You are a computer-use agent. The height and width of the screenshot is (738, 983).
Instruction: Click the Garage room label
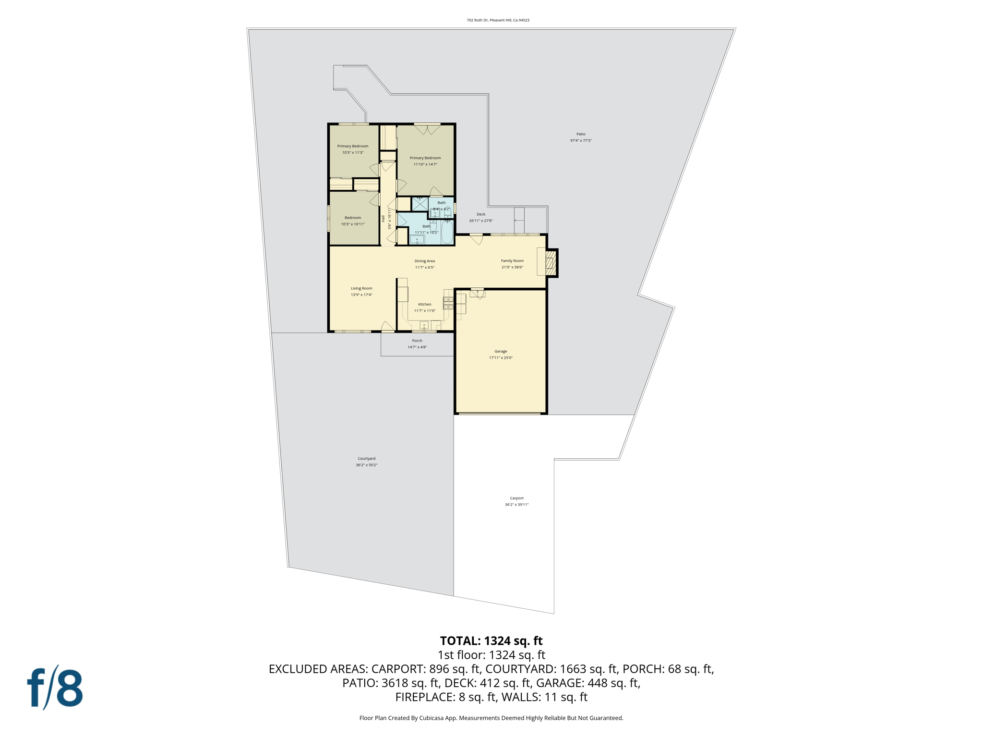coord(501,351)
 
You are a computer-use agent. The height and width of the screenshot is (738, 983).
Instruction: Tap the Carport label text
coord(516,498)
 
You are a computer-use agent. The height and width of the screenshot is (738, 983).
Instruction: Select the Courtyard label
coord(366,458)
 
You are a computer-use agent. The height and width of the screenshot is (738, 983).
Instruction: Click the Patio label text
coord(581,134)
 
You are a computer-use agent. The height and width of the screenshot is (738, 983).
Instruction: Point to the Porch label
coord(417,341)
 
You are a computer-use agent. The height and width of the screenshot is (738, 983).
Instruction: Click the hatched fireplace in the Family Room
coord(551,263)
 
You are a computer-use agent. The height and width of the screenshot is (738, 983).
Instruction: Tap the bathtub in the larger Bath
coord(447,233)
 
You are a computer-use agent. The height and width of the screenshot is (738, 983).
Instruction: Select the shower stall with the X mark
coord(420,204)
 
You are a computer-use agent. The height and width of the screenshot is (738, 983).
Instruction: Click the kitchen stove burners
coord(448,303)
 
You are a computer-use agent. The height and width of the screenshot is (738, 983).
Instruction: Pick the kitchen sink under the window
coord(424,326)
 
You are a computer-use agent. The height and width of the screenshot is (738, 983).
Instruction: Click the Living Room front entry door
coord(388,327)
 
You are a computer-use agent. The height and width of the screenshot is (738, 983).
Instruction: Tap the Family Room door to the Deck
coord(477,239)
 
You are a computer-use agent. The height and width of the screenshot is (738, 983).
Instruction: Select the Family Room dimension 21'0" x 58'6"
coord(512,267)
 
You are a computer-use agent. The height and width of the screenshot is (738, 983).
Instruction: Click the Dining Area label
coord(424,261)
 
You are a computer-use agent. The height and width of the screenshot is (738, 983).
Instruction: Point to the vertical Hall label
coord(383,219)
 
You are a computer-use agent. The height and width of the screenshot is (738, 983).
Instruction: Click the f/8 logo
coord(55,687)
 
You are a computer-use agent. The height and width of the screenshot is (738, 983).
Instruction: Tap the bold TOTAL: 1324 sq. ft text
coord(491,641)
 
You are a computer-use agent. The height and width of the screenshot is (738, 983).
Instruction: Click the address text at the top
coord(498,20)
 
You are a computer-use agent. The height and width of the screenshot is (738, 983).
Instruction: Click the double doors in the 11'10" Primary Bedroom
coord(427,129)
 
